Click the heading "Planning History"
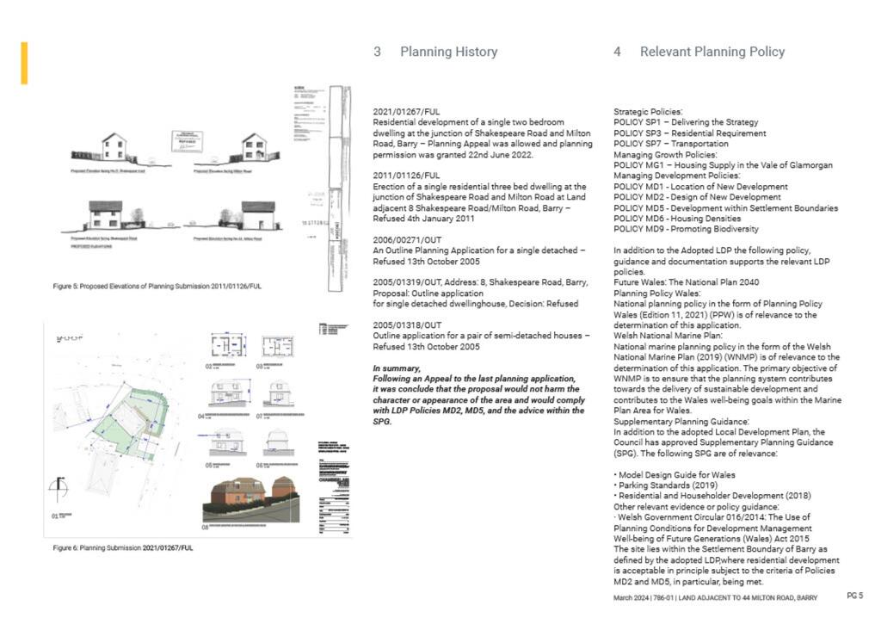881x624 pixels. tap(448, 52)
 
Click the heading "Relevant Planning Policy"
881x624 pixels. tap(712, 52)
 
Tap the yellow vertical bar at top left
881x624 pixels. tap(24, 63)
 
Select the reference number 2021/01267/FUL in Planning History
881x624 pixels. tap(406, 112)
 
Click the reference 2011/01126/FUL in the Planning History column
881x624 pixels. tap(406, 176)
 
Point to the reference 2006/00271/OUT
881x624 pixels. tap(407, 239)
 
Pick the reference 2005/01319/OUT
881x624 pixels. tap(407, 282)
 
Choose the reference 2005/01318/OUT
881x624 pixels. tap(407, 325)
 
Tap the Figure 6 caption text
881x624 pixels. tap(123, 547)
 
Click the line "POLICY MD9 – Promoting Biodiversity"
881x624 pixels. tap(686, 229)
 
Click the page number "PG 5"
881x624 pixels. tap(854, 596)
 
